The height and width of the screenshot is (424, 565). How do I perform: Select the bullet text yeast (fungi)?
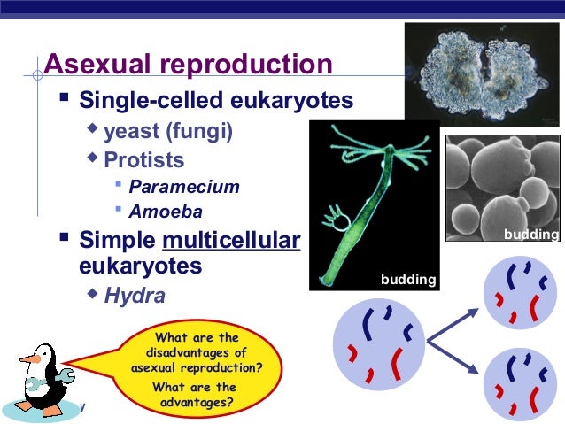tap(168, 133)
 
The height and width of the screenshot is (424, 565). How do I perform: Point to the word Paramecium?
tap(183, 187)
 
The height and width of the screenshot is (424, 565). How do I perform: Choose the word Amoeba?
tap(166, 212)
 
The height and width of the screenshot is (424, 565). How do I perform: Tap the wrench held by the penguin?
tap(39, 387)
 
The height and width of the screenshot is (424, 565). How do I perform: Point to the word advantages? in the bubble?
tap(196, 403)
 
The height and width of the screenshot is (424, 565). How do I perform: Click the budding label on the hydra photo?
tap(408, 280)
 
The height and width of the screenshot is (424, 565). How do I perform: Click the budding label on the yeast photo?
tap(530, 234)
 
